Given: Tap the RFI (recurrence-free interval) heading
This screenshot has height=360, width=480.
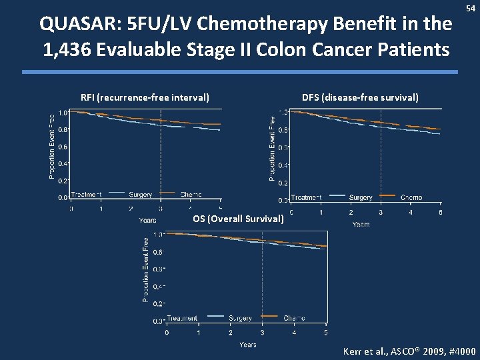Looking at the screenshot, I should click(x=145, y=98).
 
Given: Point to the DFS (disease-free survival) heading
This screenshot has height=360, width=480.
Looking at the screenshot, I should click(x=360, y=97).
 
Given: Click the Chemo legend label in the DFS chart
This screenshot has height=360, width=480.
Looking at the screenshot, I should click(x=411, y=197).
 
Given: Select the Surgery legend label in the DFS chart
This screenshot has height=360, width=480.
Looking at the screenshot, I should click(x=361, y=197).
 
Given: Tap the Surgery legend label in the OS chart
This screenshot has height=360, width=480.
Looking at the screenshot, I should click(x=240, y=317).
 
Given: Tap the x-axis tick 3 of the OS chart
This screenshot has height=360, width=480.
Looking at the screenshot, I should click(x=262, y=332).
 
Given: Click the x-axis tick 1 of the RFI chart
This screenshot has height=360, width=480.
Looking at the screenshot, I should click(x=101, y=209).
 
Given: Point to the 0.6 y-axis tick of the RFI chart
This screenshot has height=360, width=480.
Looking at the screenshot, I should click(x=61, y=146).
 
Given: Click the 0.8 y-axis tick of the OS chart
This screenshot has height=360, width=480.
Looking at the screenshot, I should click(x=156, y=252).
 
